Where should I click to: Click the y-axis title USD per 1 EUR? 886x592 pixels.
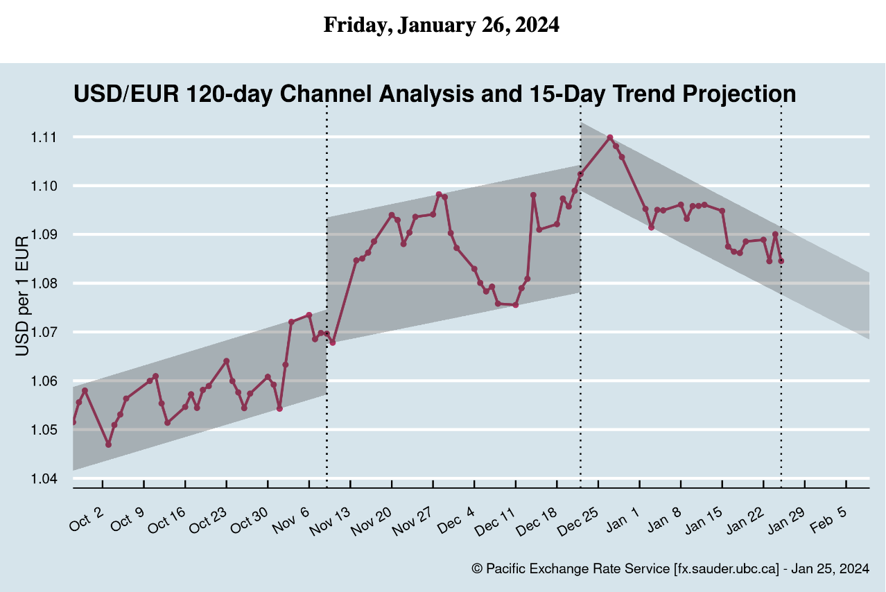pyautogui.click(x=22, y=296)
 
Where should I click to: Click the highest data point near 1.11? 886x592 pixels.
pyautogui.click(x=609, y=137)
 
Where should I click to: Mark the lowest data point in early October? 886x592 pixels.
pyautogui.click(x=108, y=444)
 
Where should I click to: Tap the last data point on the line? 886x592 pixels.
pyautogui.click(x=781, y=261)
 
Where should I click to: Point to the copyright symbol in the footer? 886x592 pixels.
pyautogui.click(x=476, y=569)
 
